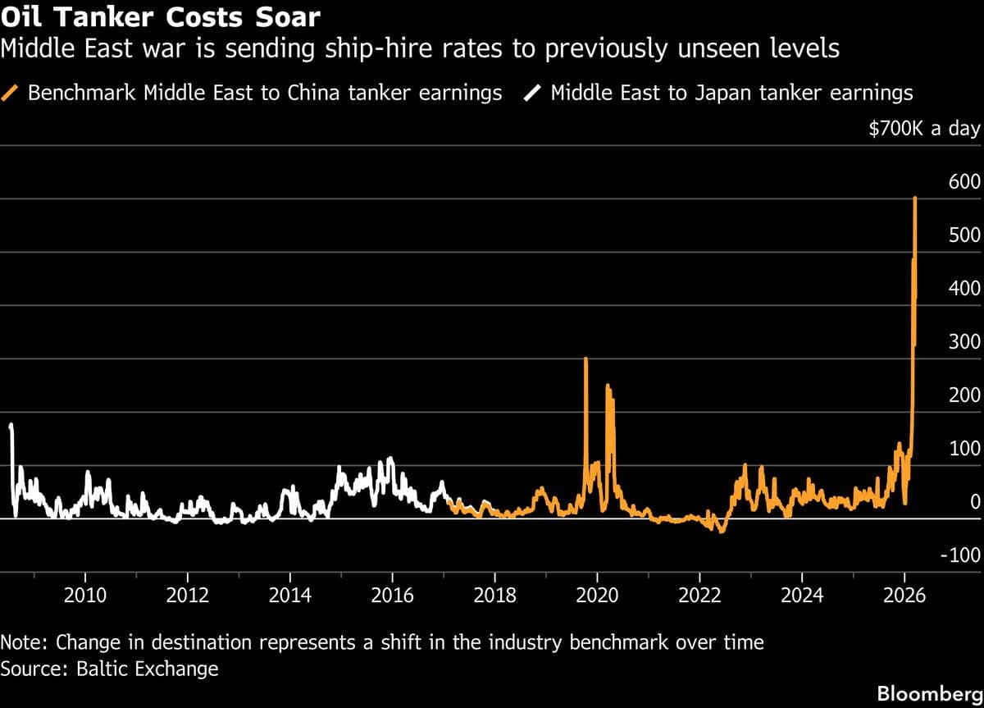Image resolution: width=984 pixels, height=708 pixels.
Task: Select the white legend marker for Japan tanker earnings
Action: [533, 93]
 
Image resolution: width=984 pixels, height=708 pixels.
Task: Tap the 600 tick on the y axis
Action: [964, 182]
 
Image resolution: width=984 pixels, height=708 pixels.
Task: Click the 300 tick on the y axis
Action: [964, 342]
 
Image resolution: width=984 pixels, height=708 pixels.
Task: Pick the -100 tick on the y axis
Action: [959, 555]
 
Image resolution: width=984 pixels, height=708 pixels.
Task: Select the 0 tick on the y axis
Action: [975, 502]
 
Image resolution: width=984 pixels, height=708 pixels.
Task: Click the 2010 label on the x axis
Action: [85, 595]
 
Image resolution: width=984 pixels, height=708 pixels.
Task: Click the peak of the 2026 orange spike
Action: [915, 199]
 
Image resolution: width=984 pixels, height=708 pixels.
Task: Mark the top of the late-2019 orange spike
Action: [585, 359]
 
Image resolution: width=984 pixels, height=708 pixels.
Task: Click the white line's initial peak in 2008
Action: [11, 425]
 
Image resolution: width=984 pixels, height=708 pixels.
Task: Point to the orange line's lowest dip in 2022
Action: [721, 532]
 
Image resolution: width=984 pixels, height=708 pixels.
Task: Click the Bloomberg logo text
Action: [928, 693]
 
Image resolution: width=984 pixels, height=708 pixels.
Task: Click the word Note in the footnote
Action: [23, 642]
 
